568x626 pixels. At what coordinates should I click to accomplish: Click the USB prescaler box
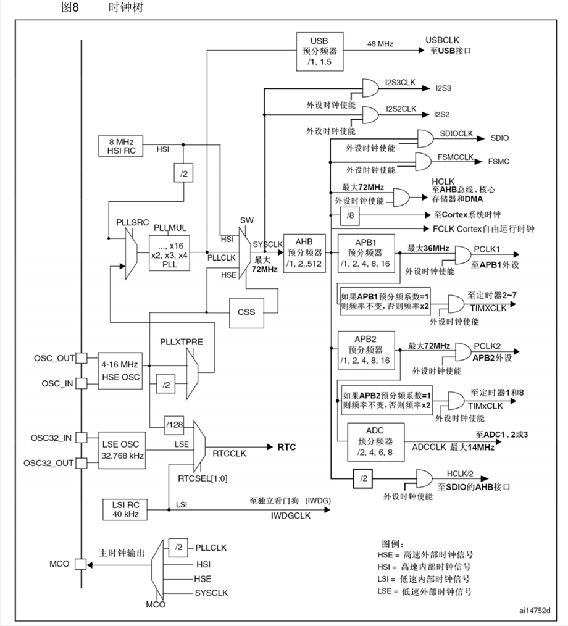320,51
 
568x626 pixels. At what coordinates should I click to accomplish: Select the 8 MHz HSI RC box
121,146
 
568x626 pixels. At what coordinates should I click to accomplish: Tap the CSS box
247,312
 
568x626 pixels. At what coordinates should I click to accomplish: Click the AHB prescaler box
304,253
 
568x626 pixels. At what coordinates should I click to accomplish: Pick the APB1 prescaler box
366,253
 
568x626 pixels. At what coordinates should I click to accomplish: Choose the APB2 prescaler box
366,350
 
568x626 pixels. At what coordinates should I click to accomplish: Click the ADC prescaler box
375,441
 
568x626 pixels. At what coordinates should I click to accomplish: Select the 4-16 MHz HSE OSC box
120,371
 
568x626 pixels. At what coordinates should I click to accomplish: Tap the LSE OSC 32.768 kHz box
122,450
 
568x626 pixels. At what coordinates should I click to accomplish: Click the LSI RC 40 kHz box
125,509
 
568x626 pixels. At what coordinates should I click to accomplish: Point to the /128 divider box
174,425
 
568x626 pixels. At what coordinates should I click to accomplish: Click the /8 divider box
349,215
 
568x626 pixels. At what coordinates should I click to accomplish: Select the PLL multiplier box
169,253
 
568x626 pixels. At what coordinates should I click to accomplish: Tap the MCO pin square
81,564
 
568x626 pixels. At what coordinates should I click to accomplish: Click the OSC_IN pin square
81,383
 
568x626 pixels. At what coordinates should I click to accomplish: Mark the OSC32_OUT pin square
81,463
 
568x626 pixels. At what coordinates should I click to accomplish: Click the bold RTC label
286,447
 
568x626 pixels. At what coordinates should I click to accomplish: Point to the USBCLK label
442,40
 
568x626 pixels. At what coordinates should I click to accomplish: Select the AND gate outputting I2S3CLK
370,88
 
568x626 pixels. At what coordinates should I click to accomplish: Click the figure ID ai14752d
535,611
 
